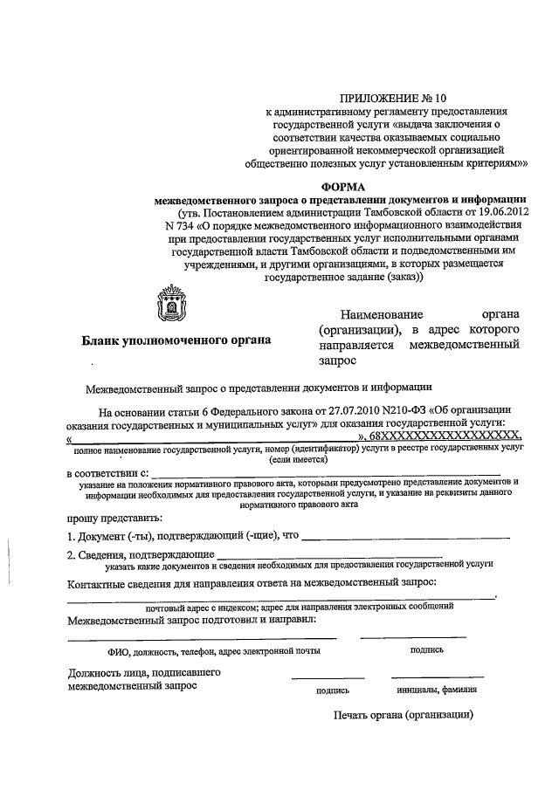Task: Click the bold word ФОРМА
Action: tap(342, 185)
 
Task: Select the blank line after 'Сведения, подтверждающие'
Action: tap(328, 555)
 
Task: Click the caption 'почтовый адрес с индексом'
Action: tap(201, 606)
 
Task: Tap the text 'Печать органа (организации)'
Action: tap(403, 714)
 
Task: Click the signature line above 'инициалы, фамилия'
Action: tap(437, 677)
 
